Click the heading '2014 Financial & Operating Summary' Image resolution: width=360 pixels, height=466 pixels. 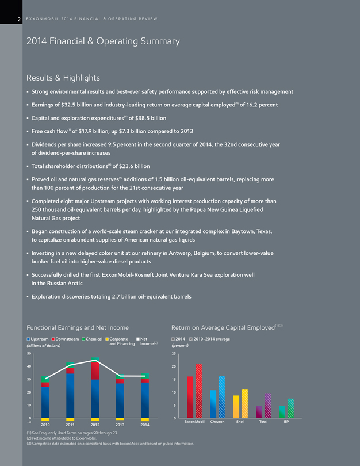[104, 41]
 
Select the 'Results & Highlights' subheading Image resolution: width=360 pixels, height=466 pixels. [63, 78]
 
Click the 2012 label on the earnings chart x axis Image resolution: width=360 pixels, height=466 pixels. [95, 425]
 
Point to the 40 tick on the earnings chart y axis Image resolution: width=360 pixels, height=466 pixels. [21, 366]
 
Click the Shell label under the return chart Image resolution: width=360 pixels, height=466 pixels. [240, 422]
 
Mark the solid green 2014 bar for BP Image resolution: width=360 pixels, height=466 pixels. [282, 411]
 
